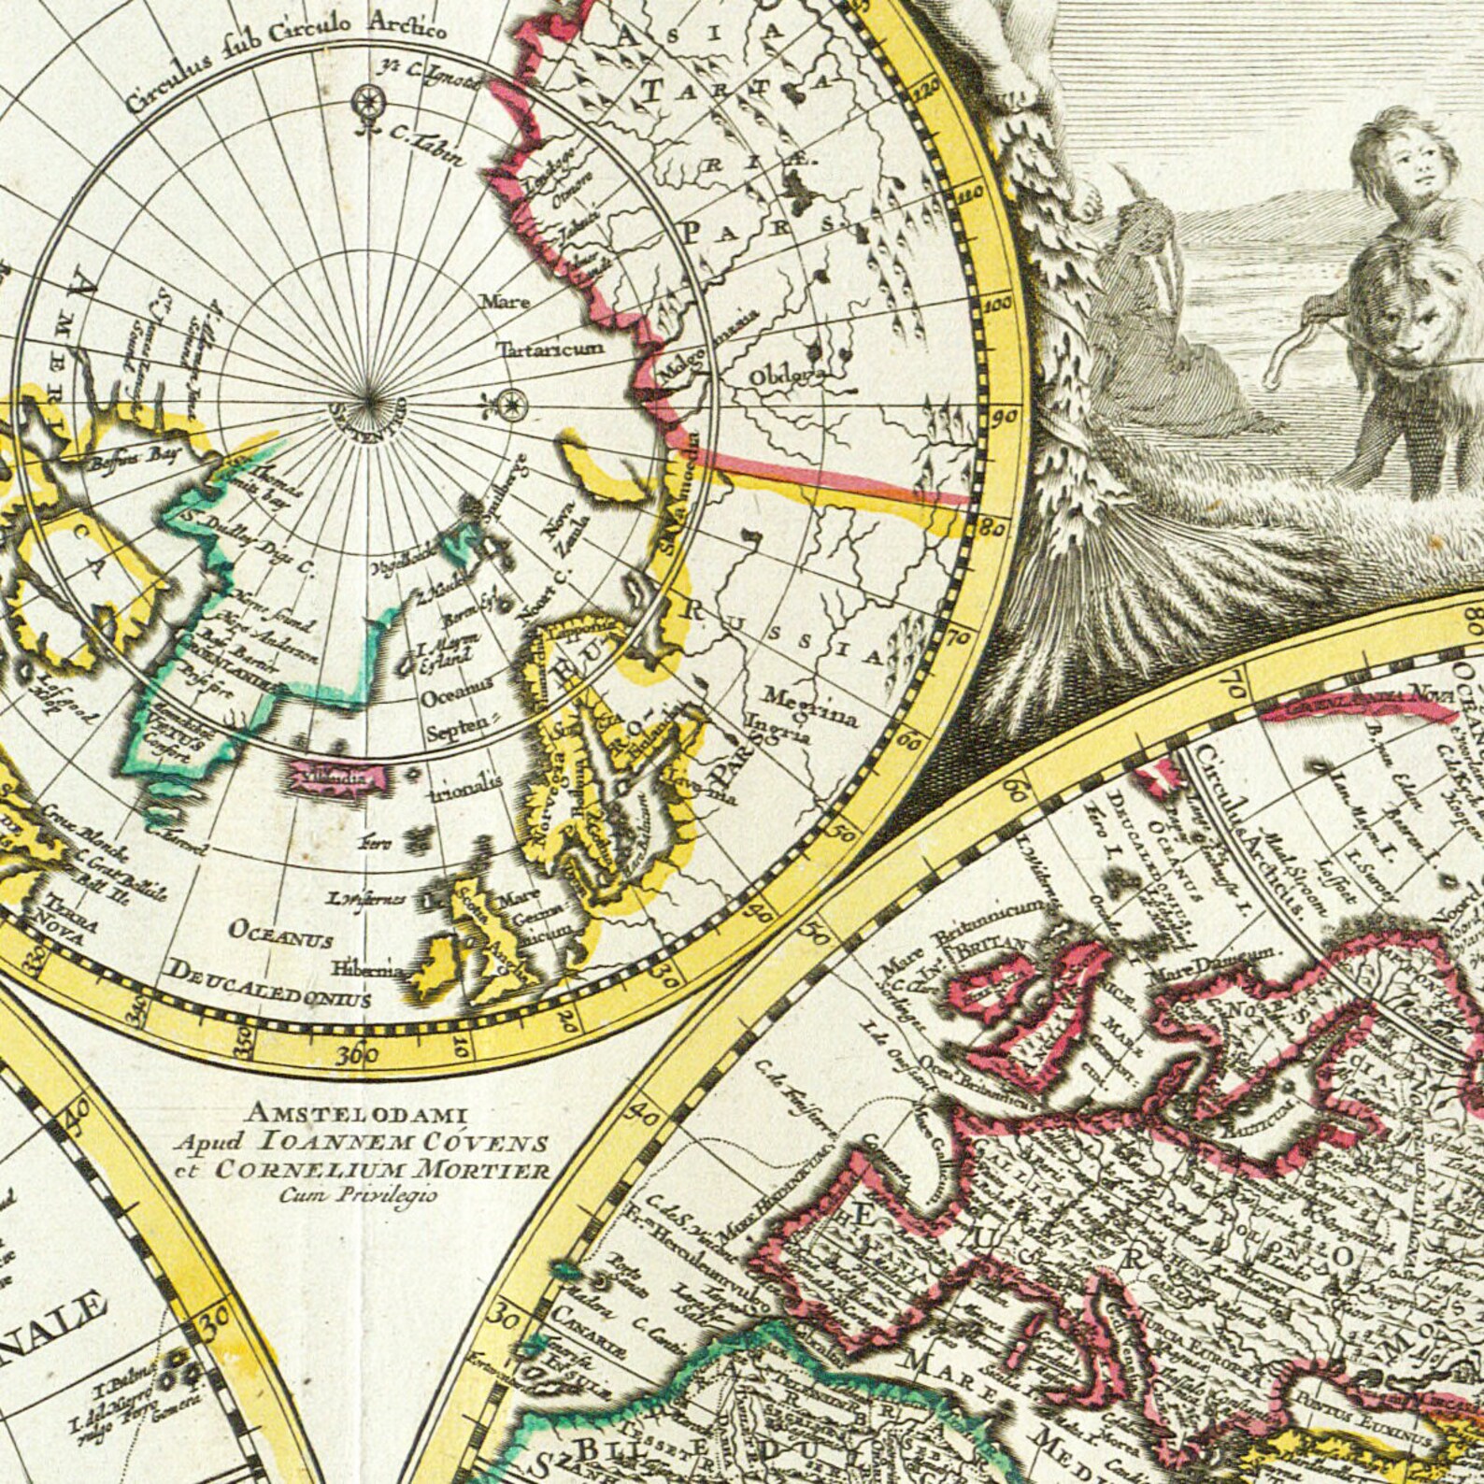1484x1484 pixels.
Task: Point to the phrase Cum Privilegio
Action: coord(357,1191)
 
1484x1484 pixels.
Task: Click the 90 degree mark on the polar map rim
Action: coord(1005,417)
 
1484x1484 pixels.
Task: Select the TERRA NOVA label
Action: coord(66,920)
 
